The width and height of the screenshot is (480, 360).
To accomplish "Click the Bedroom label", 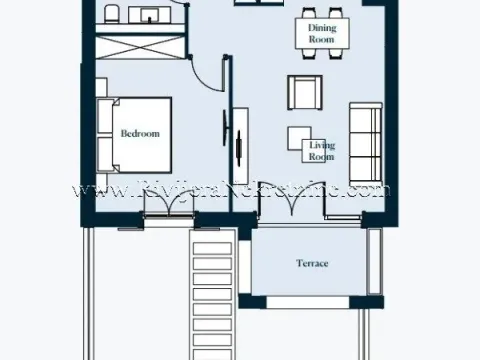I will [x=140, y=132].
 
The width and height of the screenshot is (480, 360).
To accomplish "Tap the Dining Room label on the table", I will [x=321, y=34].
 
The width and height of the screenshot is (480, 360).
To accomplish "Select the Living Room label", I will [x=321, y=151].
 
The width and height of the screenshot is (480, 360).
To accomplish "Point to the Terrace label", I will [x=312, y=264].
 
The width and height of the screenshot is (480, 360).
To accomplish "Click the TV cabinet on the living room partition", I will [x=241, y=145].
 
